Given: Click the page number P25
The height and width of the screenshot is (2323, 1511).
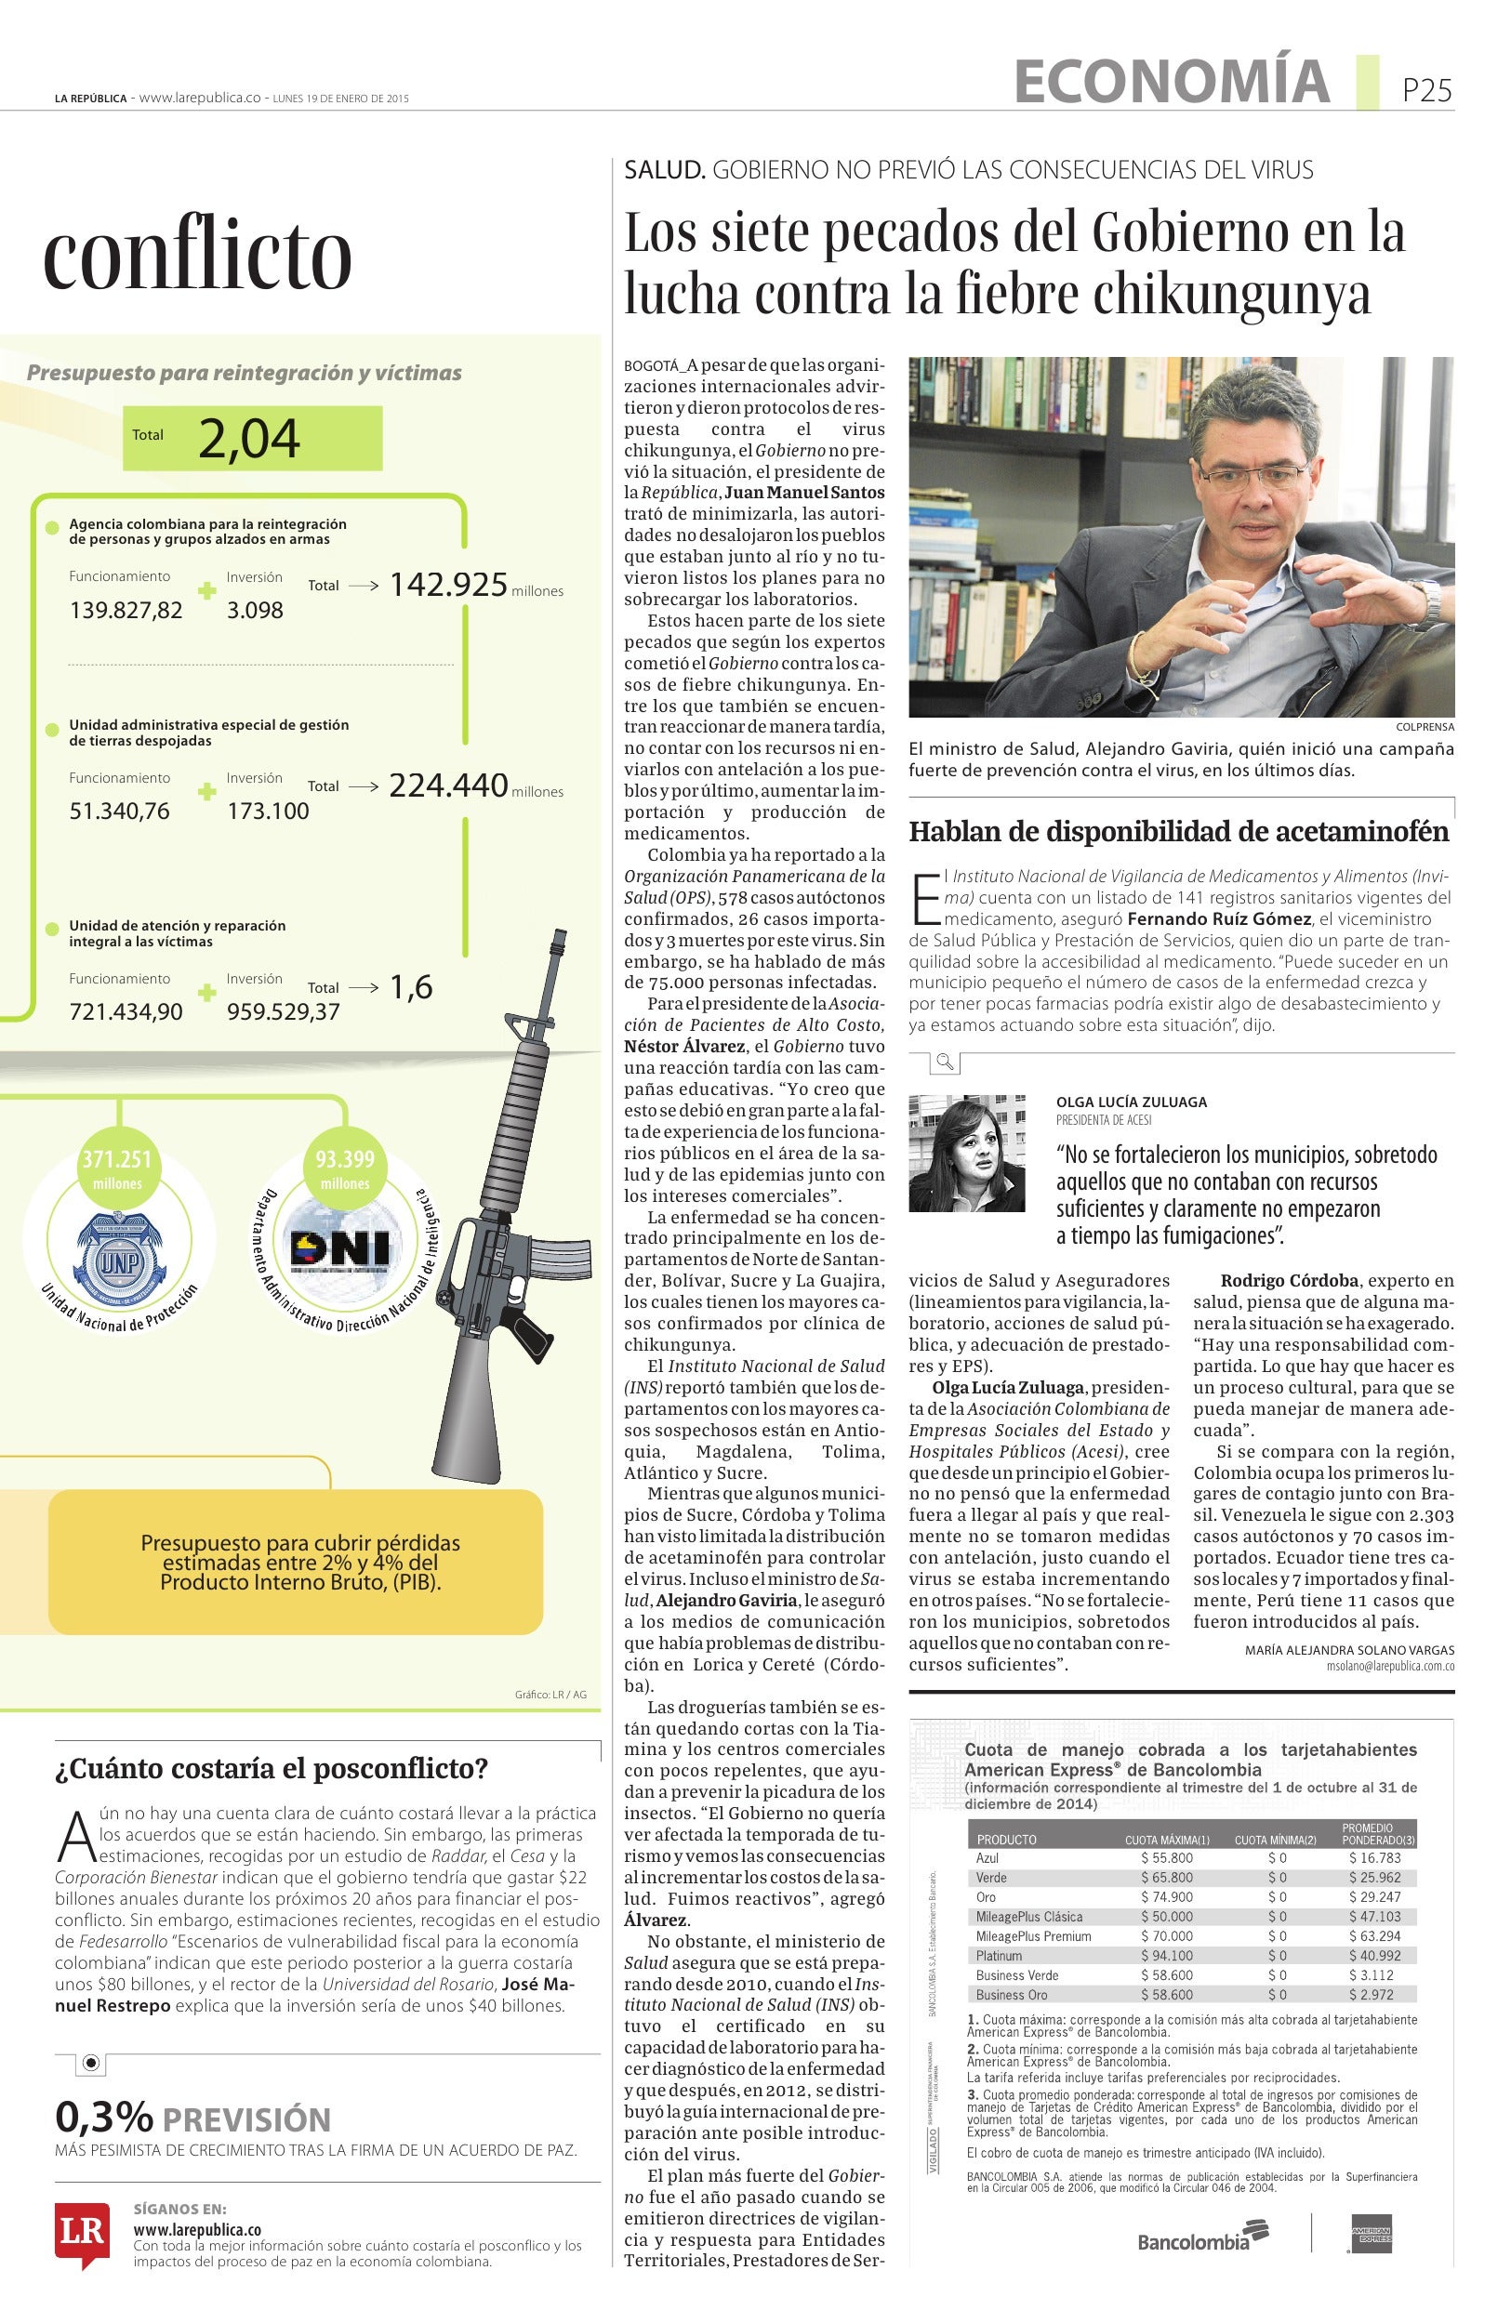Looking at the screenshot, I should click(1426, 90).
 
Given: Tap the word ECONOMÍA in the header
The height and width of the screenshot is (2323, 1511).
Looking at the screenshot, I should click(1172, 81).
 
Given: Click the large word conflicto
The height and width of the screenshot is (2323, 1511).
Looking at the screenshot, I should click(197, 255).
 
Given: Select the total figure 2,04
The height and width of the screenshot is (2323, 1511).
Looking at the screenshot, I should click(249, 438).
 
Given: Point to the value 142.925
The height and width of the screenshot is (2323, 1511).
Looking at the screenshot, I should click(448, 584).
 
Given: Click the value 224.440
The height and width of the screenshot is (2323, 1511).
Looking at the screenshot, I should click(448, 785).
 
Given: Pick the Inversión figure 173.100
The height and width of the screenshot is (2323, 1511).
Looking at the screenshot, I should click(268, 812).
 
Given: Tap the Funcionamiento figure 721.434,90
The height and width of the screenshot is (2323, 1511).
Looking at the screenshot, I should click(126, 1011).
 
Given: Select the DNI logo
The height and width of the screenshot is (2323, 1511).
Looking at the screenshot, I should click(339, 1248).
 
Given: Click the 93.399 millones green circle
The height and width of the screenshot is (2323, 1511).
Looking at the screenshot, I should click(345, 1168).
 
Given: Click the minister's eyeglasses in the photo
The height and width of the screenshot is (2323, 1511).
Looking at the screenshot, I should click(1253, 475).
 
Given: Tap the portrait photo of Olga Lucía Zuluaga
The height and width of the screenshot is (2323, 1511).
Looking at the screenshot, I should click(966, 1153).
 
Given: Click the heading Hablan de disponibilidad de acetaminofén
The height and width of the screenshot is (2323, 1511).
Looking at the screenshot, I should click(1178, 832).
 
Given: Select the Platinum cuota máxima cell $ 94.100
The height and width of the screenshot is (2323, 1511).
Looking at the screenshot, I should click(1166, 1955).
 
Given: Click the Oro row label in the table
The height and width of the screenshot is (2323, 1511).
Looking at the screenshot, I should click(986, 1896).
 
